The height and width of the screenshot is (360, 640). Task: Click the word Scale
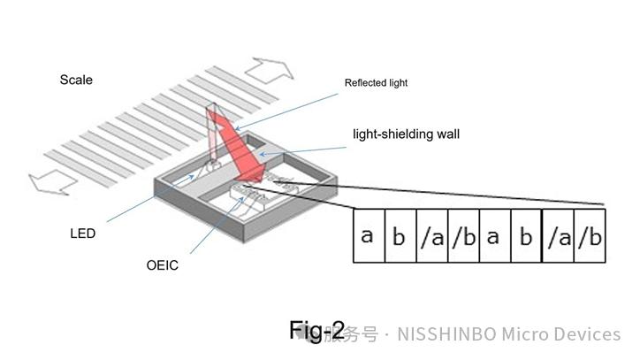76,80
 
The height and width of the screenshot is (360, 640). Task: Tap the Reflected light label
376,84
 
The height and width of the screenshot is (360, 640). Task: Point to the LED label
83,234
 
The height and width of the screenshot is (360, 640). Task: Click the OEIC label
162,265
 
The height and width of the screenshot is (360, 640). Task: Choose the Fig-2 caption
316,330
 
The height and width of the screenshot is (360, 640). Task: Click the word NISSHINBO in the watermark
447,334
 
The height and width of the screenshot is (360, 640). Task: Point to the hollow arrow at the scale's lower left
49,183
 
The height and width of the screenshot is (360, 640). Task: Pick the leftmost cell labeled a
369,236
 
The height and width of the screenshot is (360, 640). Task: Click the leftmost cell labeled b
400,236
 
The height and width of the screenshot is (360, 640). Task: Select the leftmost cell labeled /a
432,236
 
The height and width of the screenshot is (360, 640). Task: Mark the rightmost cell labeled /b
590,236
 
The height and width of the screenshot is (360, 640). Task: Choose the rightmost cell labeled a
495,236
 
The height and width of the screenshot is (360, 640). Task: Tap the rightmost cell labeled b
526,236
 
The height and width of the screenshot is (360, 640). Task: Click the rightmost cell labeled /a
558,236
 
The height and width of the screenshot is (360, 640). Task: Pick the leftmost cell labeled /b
463,236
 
